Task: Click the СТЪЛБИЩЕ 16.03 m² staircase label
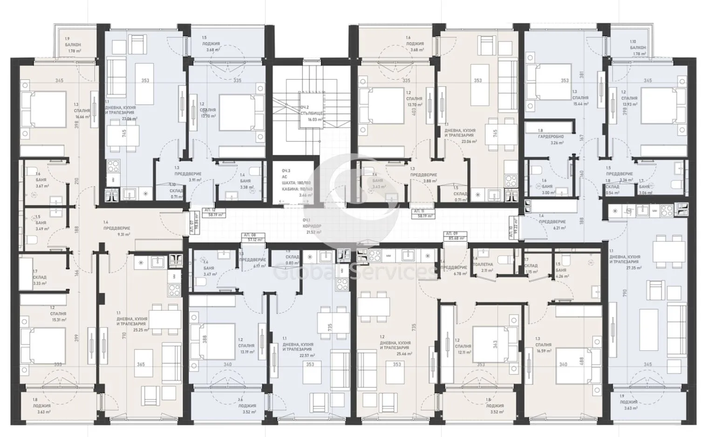click(x=311, y=113)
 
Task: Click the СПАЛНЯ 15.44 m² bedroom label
click(x=580, y=101)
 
